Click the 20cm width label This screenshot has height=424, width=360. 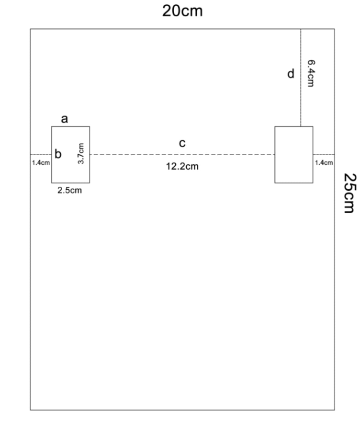point(182,11)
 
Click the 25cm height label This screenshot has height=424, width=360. point(350,193)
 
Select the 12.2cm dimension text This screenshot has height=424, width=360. point(182,166)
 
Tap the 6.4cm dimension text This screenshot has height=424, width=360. point(311,73)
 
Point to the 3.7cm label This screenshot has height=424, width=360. point(81,153)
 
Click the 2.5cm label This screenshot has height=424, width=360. point(69,190)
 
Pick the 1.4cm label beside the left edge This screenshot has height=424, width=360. point(41,163)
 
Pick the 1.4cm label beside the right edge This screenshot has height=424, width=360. point(324,163)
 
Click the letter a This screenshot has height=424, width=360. point(64,119)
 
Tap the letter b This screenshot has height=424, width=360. point(58,154)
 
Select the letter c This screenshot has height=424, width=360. point(182,143)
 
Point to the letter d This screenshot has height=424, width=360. point(291,74)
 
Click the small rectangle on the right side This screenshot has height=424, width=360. point(294,126)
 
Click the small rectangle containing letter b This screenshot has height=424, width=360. point(51,168)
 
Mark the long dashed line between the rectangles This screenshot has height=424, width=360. point(182,155)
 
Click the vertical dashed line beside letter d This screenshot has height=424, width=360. point(301,78)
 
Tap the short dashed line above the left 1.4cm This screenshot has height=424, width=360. point(41,155)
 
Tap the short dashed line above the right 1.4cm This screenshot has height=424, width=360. point(324,155)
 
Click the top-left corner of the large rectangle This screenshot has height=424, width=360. point(30,29)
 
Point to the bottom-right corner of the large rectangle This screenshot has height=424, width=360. point(335,410)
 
